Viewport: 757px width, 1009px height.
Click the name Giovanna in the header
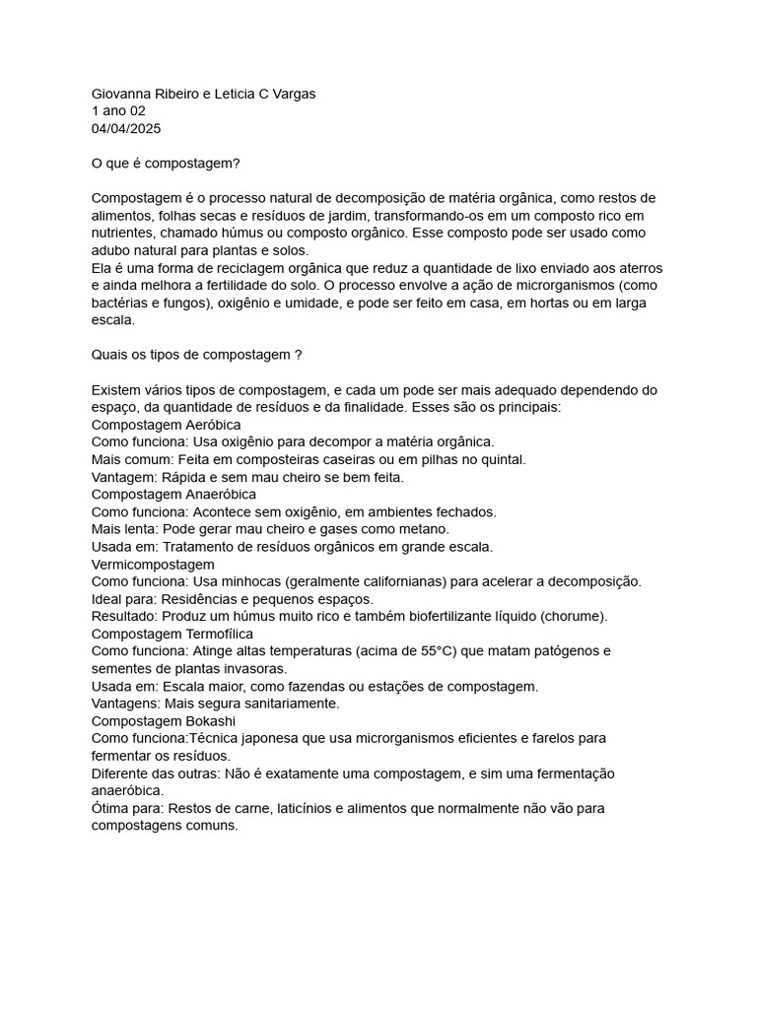[121, 94]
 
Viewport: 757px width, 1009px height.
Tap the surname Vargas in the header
[291, 94]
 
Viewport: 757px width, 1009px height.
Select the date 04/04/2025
[126, 129]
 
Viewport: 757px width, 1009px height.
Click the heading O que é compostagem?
[166, 164]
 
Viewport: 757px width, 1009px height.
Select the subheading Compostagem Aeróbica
[166, 425]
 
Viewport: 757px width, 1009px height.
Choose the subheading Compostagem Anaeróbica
[173, 494]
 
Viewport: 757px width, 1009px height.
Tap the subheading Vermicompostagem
[153, 564]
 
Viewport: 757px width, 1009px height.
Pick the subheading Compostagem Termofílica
[172, 634]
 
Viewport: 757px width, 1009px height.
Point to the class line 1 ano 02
[118, 111]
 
